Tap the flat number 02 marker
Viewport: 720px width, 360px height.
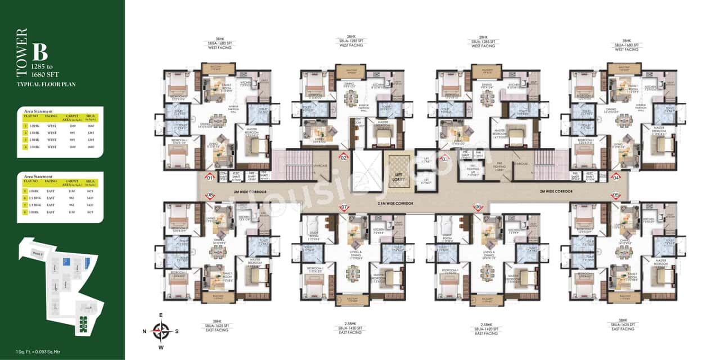(344, 158)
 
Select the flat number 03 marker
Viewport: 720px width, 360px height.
(444, 159)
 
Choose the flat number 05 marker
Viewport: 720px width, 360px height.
(616, 195)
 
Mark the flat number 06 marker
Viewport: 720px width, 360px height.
(479, 207)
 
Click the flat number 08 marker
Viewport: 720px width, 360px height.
(210, 195)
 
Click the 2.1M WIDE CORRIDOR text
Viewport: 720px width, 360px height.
(397, 202)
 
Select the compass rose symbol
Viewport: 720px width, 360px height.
(161, 331)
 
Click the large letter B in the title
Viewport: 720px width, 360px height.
(39, 52)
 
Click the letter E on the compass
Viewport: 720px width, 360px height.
(161, 315)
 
